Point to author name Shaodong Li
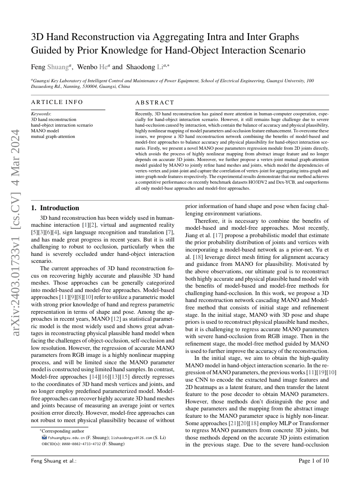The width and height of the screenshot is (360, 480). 147,67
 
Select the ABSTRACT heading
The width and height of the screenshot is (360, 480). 155,103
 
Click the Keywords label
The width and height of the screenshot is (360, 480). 40,114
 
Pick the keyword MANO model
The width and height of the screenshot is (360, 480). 45,131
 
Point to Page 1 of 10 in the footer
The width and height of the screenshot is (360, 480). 314,460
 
